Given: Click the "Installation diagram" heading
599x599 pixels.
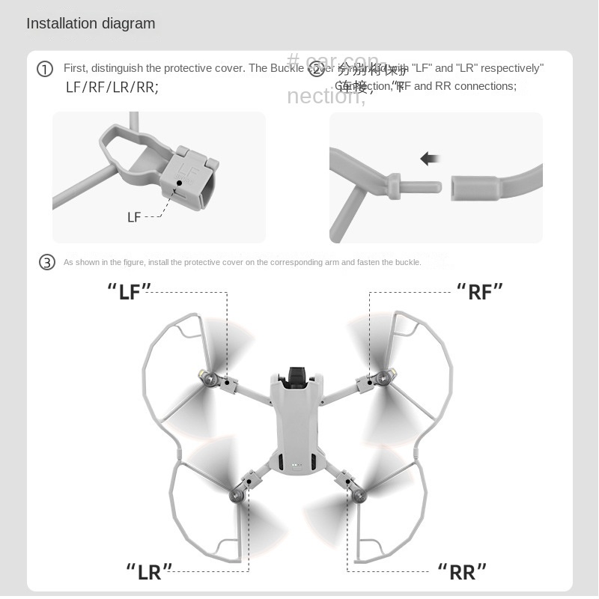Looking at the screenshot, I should (x=91, y=23).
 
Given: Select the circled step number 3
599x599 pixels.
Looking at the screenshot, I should (x=47, y=262).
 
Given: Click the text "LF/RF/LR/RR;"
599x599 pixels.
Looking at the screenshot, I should (x=112, y=87).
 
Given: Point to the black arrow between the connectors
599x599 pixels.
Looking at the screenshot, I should (x=430, y=158).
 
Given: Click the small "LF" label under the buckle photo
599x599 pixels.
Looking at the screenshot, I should (x=134, y=217).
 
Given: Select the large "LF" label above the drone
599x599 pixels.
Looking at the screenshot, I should (x=130, y=291).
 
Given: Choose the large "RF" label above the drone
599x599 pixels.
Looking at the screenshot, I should (x=480, y=291).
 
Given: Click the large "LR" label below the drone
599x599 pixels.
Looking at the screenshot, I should (x=149, y=571).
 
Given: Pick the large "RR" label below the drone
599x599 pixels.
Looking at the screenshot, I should (x=463, y=571).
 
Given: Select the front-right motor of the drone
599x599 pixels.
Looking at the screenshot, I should (x=387, y=378).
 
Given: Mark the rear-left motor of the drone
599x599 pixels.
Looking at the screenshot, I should (x=238, y=493).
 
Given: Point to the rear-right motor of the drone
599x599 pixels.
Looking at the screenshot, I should (x=359, y=493).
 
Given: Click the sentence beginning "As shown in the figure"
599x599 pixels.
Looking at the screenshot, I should (x=242, y=262).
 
